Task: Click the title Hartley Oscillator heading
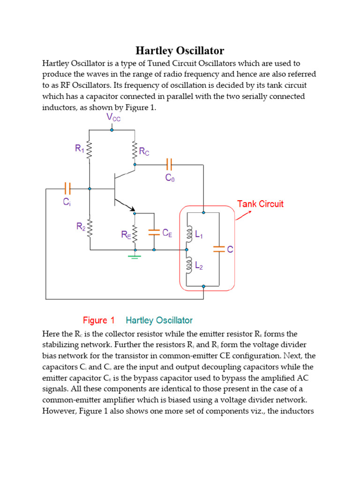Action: point(180,51)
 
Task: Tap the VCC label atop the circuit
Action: point(113,117)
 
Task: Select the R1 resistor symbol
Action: point(90,150)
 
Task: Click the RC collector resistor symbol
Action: point(135,150)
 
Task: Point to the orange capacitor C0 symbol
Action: point(169,165)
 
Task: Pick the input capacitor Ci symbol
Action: point(67,188)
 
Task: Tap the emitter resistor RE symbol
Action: point(135,233)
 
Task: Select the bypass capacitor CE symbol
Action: point(154,232)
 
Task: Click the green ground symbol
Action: point(135,256)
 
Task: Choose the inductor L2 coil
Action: point(188,265)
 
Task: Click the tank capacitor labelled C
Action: point(218,250)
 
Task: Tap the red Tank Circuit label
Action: point(260,204)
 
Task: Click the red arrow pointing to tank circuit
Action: point(243,216)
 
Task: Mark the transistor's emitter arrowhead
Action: point(132,209)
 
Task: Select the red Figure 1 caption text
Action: point(98,321)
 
